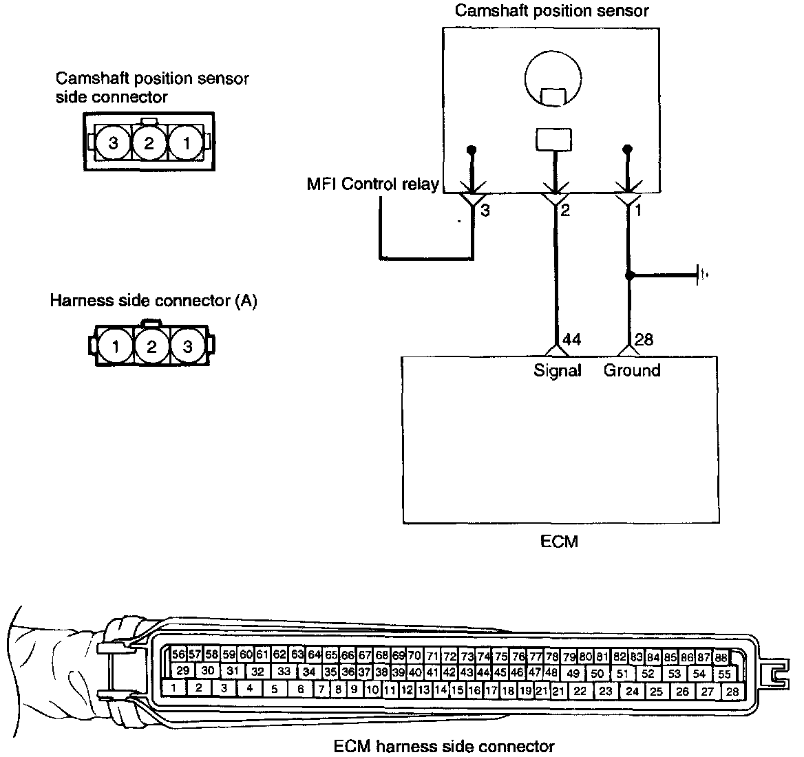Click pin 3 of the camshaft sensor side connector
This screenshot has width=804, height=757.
114,143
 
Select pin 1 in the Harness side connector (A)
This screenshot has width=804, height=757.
115,347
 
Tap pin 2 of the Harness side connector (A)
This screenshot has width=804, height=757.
151,347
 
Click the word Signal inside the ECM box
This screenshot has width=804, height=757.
558,370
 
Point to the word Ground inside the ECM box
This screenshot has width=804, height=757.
632,370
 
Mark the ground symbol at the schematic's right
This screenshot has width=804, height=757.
701,275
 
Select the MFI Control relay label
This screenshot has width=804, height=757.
373,184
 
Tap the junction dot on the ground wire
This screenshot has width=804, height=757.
628,275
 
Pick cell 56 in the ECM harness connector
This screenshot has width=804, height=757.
179,654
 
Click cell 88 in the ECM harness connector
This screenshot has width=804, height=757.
721,657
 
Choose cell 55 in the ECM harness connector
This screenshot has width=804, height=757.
723,674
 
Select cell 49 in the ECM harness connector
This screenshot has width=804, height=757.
573,673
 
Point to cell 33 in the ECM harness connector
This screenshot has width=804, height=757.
284,671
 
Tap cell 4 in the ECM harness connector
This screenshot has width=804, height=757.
250,687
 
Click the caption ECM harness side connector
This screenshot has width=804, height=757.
444,746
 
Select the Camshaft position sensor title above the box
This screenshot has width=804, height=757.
551,10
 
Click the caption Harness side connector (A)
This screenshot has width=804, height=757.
154,301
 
